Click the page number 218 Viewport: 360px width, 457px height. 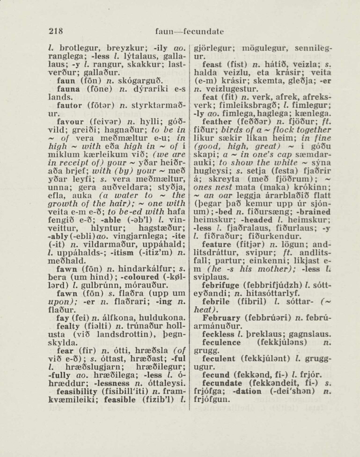[56, 32]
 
